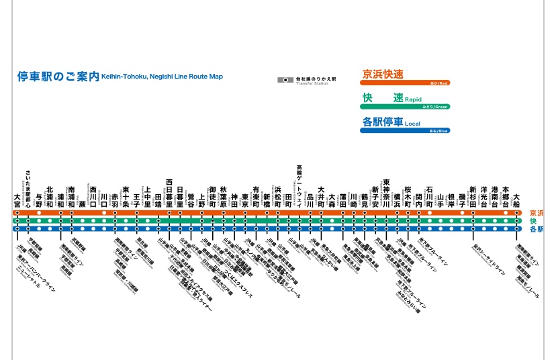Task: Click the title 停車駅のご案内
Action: pyautogui.click(x=58, y=77)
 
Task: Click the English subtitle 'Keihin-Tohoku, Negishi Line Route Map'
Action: pyautogui.click(x=162, y=77)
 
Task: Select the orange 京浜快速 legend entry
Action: pyautogui.click(x=405, y=75)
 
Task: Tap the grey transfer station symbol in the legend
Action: pyautogui.click(x=285, y=80)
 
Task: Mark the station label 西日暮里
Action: pyautogui.click(x=169, y=192)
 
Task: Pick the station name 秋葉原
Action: pyautogui.click(x=224, y=195)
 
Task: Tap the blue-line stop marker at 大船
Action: pyautogui.click(x=516, y=229)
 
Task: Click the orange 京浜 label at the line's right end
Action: pyautogui.click(x=537, y=213)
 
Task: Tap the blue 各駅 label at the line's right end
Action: pyautogui.click(x=537, y=230)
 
